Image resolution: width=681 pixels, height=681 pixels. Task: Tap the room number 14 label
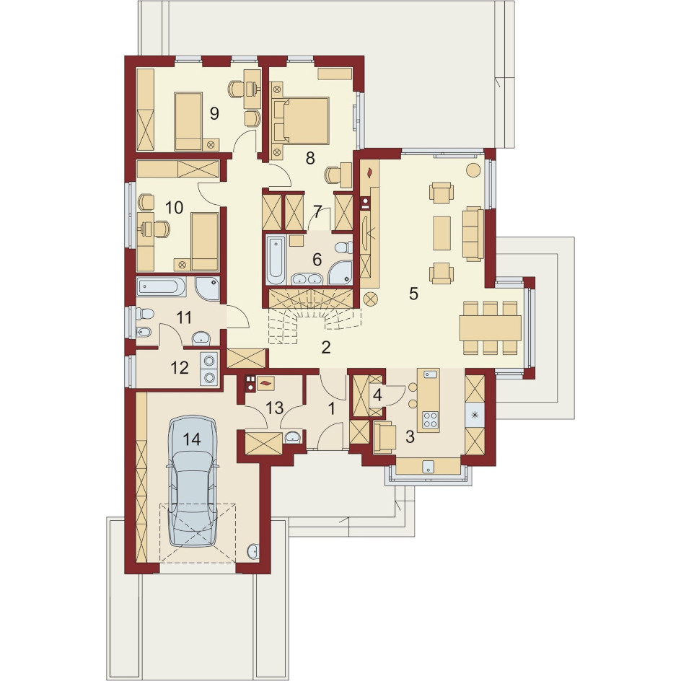(192, 439)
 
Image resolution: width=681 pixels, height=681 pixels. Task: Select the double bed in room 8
(301, 120)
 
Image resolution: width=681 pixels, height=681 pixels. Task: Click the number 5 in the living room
(413, 294)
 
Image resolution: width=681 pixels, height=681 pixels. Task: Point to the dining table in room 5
(491, 328)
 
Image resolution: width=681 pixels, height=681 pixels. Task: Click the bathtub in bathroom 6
(276, 260)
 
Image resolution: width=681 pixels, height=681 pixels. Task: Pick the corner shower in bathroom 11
(208, 288)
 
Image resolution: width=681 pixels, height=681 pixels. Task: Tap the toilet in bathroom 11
(144, 312)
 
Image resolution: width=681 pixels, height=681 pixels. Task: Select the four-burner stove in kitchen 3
(431, 420)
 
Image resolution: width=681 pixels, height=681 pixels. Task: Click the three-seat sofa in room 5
(473, 234)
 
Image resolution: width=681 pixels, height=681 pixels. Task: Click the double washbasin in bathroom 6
(307, 278)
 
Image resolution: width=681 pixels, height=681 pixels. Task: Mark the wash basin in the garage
(254, 551)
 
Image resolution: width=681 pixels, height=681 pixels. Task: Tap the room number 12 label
(180, 368)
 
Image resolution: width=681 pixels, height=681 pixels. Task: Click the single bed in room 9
(188, 120)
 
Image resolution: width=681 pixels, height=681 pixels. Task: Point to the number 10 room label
(174, 208)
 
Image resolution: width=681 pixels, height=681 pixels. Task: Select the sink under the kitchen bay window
(429, 467)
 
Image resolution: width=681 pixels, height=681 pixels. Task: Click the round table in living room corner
(473, 170)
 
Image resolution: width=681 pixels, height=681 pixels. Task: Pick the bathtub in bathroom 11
(161, 287)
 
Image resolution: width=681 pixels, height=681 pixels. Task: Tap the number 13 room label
(274, 408)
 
